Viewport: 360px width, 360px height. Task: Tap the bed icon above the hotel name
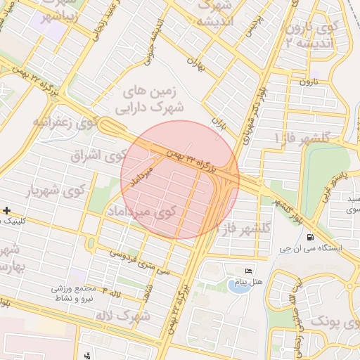click(247, 272)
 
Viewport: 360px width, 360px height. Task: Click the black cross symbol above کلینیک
click(6, 210)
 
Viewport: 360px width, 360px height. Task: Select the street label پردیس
click(247, 27)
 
